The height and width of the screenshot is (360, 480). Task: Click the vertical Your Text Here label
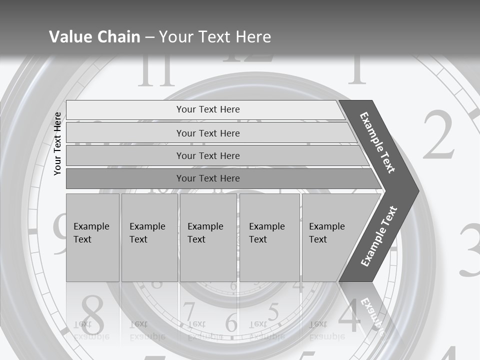pos(58,143)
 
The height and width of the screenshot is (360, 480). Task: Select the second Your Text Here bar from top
pos(208,133)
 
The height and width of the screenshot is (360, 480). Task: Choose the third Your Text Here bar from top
pos(208,155)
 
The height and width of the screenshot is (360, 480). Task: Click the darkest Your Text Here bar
pos(208,178)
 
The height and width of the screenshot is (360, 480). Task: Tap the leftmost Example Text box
pos(92,237)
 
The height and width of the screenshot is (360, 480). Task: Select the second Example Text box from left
pos(149,237)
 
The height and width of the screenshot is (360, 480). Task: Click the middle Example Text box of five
pos(208,237)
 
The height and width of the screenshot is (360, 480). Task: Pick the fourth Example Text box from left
pos(269,237)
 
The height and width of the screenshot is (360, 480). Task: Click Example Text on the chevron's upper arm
pos(377,142)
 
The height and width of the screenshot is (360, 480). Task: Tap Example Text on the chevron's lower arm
pos(379,236)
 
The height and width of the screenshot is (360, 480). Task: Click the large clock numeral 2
pos(438,135)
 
